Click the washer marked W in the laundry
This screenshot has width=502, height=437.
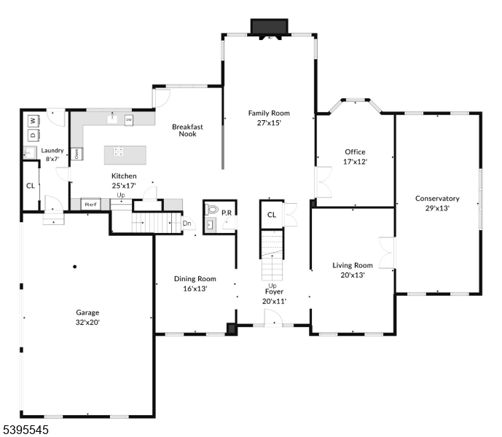click(33, 121)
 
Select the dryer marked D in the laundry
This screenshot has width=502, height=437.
click(33, 135)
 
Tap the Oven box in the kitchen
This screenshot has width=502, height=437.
click(77, 154)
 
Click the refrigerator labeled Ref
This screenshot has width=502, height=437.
click(90, 205)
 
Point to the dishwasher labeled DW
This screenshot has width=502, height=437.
click(129, 120)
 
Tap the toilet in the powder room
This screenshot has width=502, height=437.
click(213, 209)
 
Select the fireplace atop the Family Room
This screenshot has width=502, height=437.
click(270, 26)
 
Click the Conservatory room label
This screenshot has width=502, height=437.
click(437, 198)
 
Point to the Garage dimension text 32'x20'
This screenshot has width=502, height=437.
click(87, 321)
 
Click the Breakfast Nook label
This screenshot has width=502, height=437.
click(187, 130)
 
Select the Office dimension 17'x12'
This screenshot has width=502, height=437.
click(356, 161)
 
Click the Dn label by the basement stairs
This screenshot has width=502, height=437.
click(187, 224)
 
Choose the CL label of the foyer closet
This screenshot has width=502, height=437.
click(271, 215)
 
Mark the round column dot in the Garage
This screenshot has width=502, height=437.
click(74, 267)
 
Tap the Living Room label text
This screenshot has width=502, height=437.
click(353, 266)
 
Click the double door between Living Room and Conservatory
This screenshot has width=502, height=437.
click(387, 252)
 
